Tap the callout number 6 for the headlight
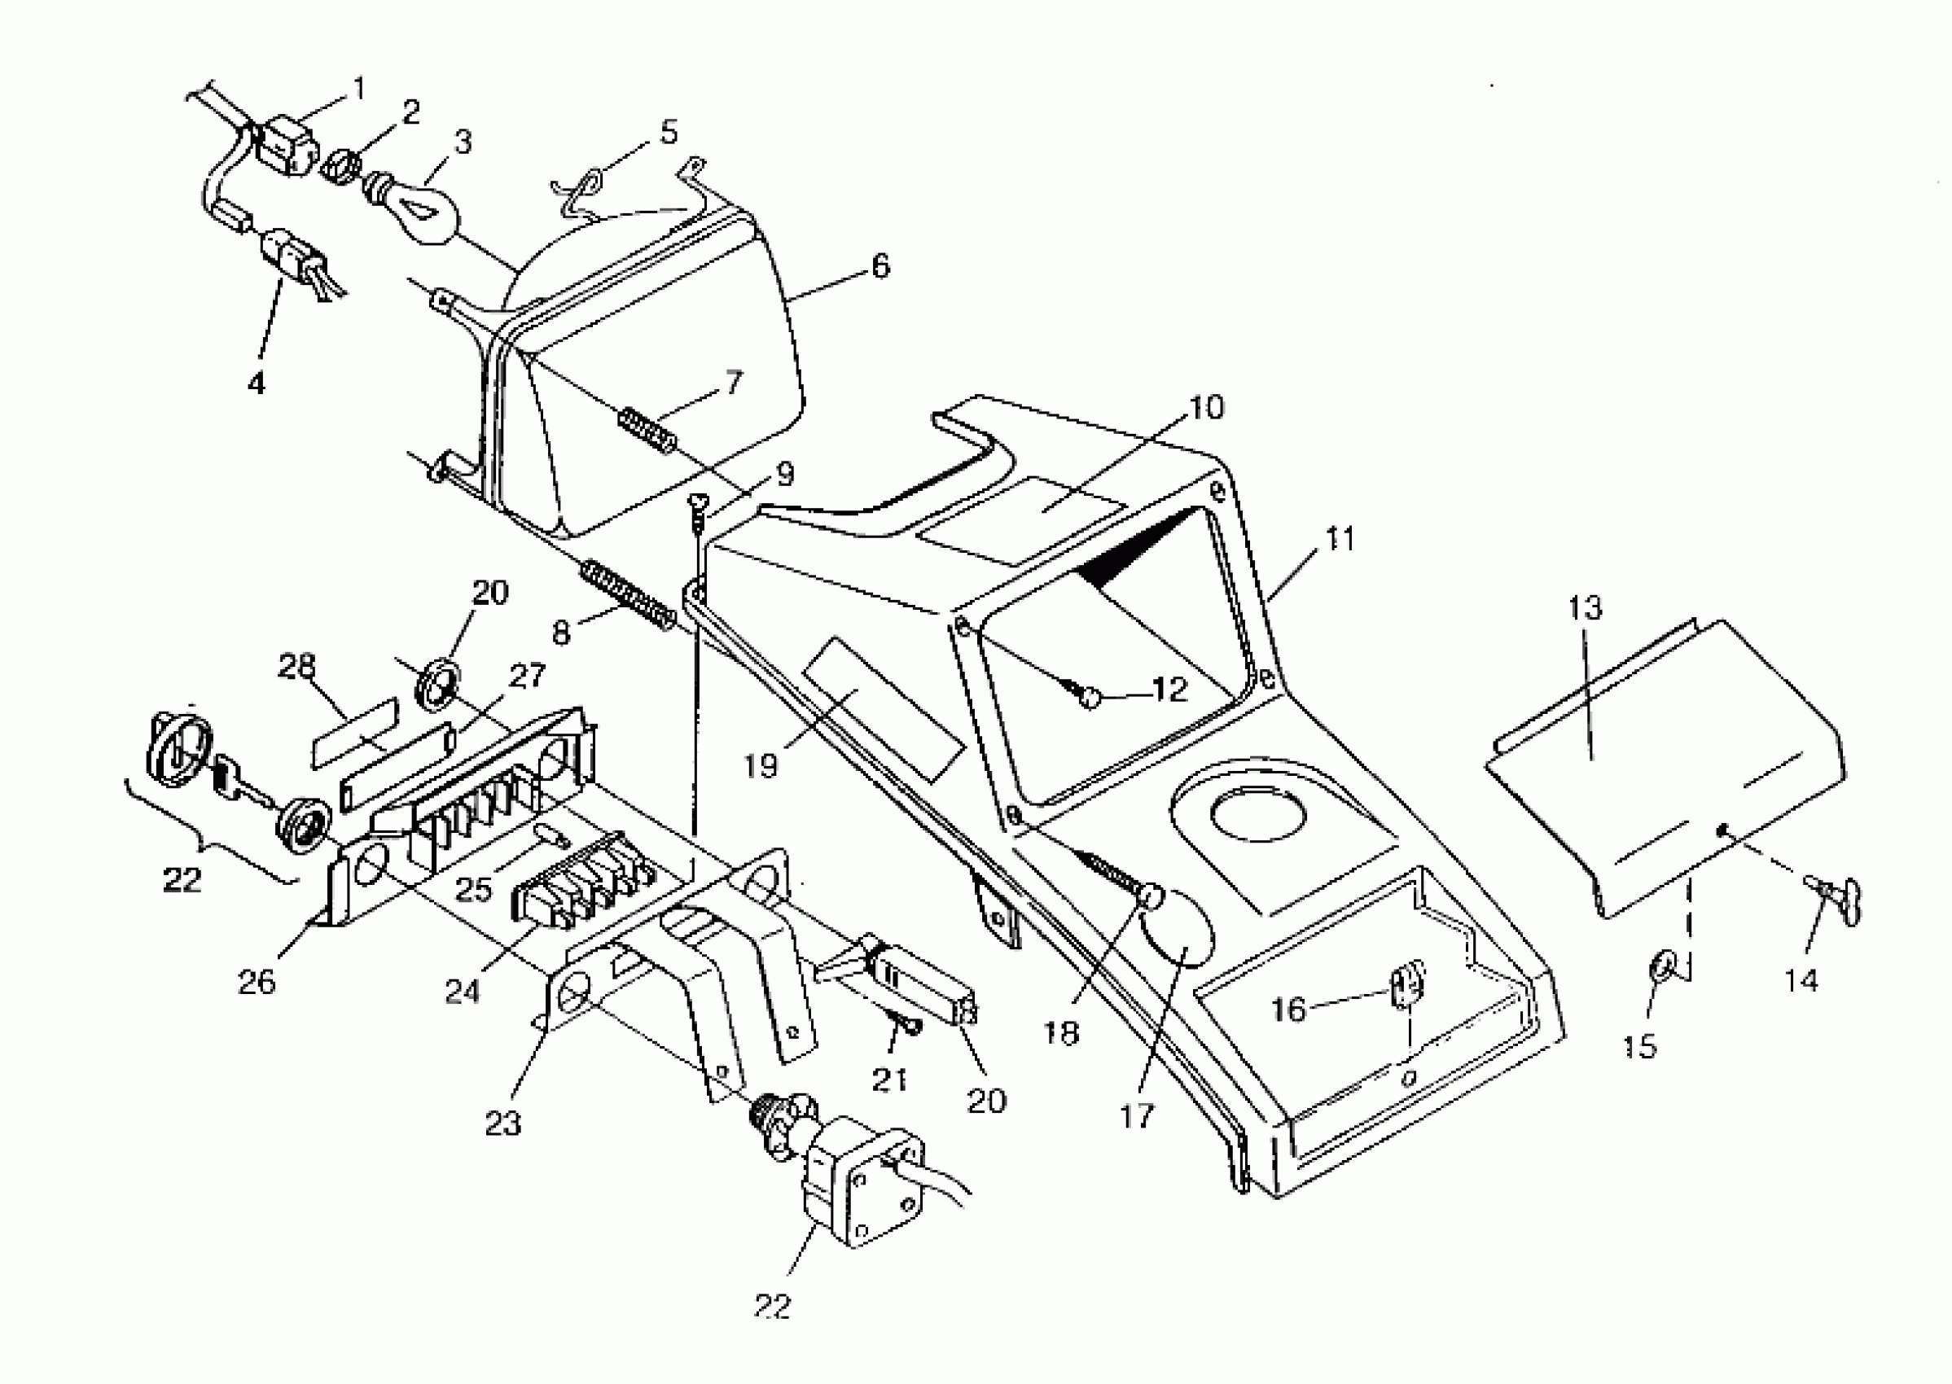click(x=879, y=266)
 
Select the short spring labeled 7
click(x=649, y=431)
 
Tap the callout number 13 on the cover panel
click(x=1585, y=607)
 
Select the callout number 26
click(x=257, y=982)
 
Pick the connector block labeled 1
click(x=286, y=148)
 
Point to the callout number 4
click(x=257, y=383)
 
